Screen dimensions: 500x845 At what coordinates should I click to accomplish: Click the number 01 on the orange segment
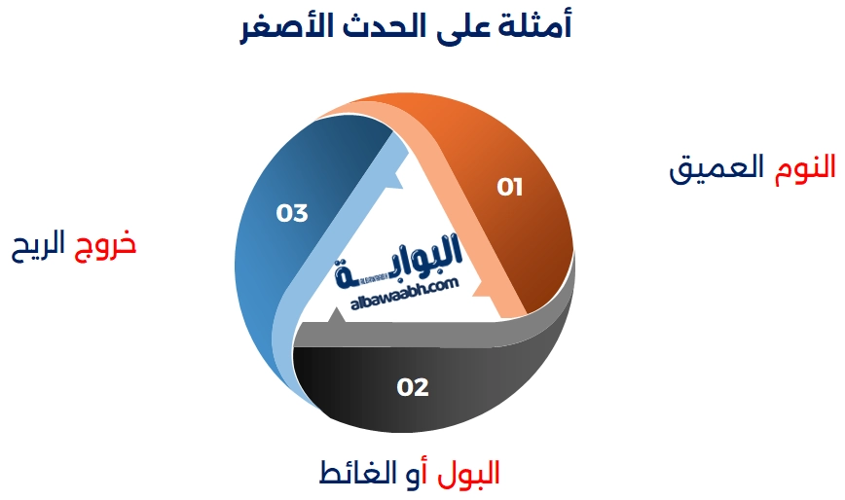click(x=510, y=187)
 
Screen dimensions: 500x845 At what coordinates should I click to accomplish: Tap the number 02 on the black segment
click(x=413, y=387)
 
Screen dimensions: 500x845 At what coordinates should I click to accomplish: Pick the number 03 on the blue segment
click(x=292, y=213)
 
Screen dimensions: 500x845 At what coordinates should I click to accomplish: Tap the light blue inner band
click(x=292, y=321)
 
